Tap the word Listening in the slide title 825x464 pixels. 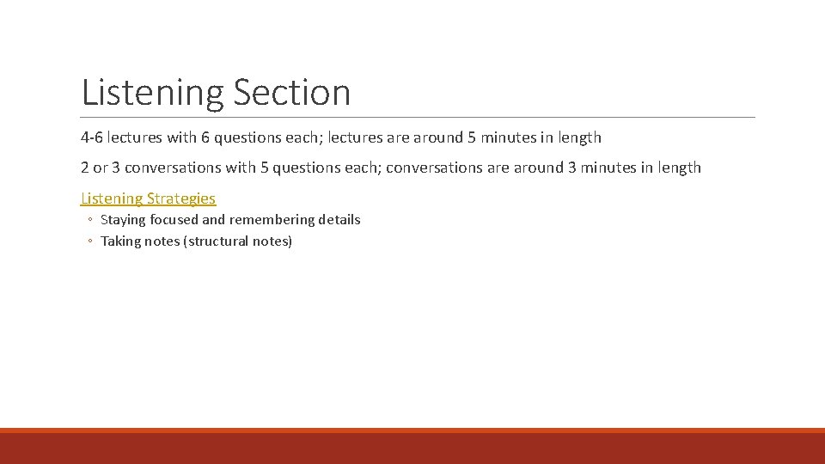tap(152, 93)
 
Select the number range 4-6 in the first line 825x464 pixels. tap(92, 137)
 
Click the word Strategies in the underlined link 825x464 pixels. tap(181, 198)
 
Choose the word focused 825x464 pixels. tap(174, 220)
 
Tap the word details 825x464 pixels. tap(339, 220)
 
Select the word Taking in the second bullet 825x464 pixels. tap(120, 241)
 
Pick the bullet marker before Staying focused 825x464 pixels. tap(89, 221)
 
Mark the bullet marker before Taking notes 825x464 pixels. tap(89, 242)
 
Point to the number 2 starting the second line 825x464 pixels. tap(85, 168)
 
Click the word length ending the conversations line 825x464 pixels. tap(679, 168)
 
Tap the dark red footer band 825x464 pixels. tap(412, 448)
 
